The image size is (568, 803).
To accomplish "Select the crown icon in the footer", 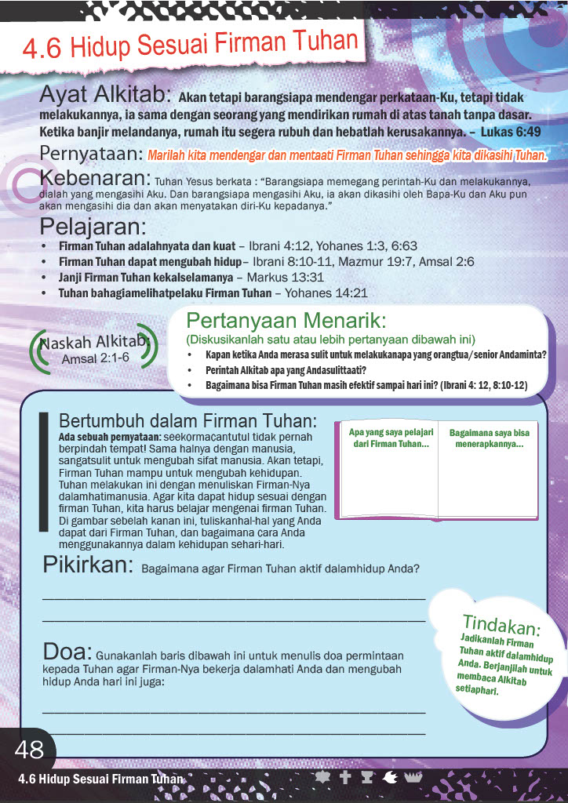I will [413, 778].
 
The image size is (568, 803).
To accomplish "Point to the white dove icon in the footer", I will [390, 778].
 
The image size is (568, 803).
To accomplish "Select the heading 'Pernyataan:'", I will [91, 153].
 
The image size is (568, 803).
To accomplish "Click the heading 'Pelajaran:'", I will [93, 227].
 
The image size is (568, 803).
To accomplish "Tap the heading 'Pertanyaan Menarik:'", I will [286, 322].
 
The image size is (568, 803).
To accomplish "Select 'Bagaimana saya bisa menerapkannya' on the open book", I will [489, 438].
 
